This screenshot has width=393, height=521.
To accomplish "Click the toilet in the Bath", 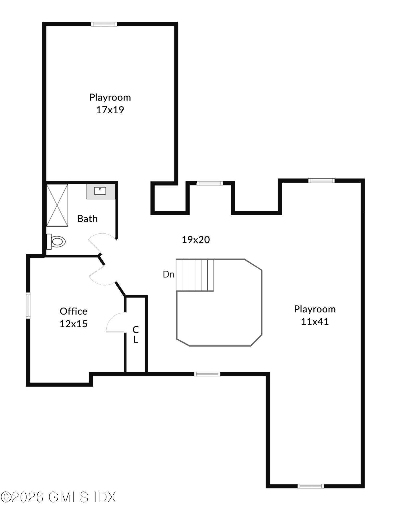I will coord(57,241).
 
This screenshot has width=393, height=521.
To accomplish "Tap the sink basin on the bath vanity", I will coord(100,191).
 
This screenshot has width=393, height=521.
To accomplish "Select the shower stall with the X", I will coord(57,205).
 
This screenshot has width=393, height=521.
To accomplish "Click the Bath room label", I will coord(87,219).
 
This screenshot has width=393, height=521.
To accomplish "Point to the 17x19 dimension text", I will coord(110,110).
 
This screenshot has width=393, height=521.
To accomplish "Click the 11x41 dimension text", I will coord(315,322).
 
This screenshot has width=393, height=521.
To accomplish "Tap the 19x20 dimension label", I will coord(196,240).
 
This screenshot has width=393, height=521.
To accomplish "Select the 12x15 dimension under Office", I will coord(74,324).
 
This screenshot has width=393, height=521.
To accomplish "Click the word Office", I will coord(74,311).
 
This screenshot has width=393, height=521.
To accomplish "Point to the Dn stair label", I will coord(168,274).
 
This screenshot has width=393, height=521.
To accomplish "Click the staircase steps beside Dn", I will coord(195,275).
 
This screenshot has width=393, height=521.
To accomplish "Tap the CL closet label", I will coord(136,334).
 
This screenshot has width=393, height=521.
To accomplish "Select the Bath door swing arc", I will coord(100,241).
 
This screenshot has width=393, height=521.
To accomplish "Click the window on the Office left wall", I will coord(28,305).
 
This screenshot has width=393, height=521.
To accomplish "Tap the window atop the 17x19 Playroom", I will coord(104,24).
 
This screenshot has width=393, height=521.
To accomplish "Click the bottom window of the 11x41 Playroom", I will coord(311,486).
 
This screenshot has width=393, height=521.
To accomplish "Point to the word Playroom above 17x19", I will coord(110,97).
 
